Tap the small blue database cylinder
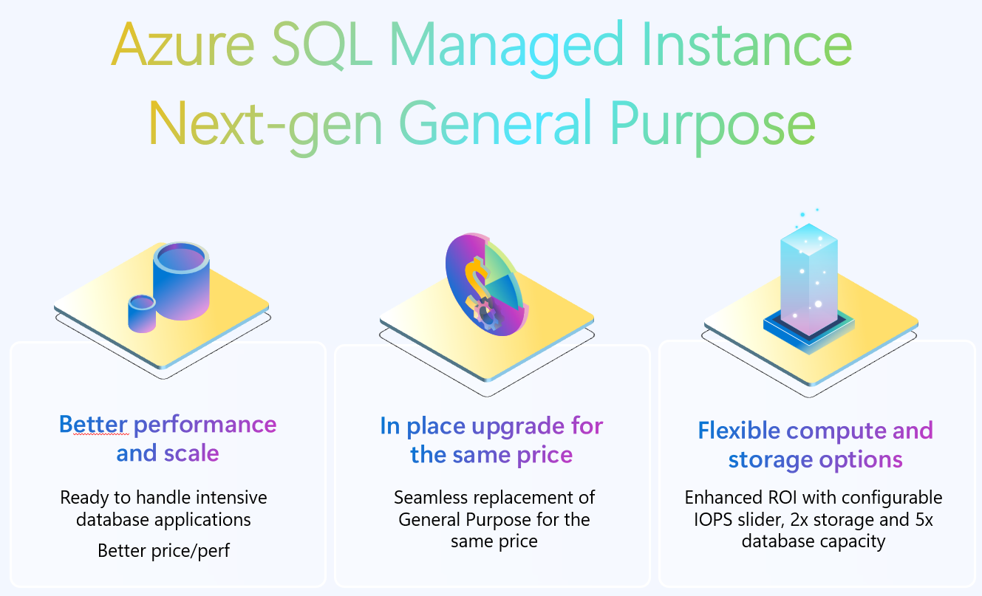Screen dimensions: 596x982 pos(141,313)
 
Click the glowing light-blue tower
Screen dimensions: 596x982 pos(808,273)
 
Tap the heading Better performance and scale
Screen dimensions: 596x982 pos(168,438)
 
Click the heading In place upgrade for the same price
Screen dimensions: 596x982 pos(491,440)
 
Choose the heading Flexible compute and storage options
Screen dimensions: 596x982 pos(815,445)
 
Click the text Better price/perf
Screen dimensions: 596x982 pos(163,550)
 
